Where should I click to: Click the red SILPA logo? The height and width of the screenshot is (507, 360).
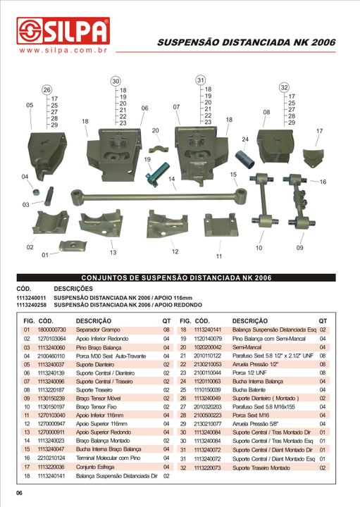(x=63, y=32)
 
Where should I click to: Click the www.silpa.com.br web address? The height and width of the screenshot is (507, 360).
(x=63, y=51)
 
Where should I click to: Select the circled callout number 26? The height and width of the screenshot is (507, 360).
(x=46, y=90)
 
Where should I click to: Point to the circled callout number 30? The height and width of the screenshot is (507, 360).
(x=116, y=81)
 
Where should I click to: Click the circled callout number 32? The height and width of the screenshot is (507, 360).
(x=285, y=87)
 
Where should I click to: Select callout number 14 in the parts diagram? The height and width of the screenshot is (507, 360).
(x=172, y=180)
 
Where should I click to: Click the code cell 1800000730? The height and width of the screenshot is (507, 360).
(x=51, y=330)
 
